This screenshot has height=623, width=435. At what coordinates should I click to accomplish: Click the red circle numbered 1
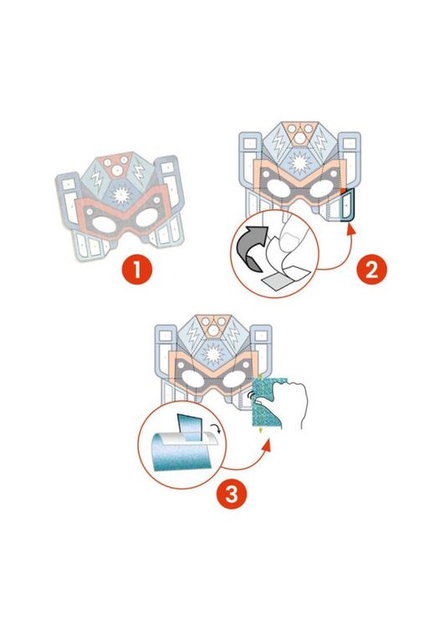coord(136,270)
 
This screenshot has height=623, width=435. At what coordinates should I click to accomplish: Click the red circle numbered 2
coord(371,270)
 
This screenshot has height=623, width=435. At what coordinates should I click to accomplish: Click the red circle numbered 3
coord(232,494)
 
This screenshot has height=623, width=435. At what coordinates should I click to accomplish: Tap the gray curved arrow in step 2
coord(252,246)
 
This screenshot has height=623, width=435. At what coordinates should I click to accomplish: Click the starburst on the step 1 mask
coord(121,195)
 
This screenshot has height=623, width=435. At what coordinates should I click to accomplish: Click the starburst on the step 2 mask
coord(299,163)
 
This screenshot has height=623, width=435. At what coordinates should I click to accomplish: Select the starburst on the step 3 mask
coord(213,353)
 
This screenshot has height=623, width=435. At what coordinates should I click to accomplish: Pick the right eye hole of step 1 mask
coord(148,218)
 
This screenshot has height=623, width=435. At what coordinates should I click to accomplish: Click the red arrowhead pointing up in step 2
coord(351,230)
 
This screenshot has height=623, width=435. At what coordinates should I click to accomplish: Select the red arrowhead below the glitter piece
coord(267,445)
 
